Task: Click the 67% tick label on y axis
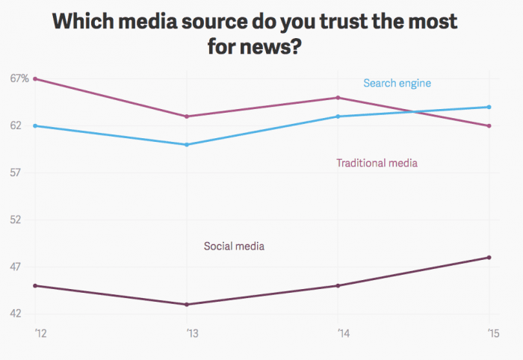pos(19,78)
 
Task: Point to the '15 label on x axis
pos(490,332)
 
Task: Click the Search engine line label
pos(397,83)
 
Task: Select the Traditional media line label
pos(377,163)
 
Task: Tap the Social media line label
pos(235,246)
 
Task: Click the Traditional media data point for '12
pos(35,78)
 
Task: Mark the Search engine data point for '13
pos(187,144)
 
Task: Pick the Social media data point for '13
pos(187,304)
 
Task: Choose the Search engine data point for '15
pos(489,107)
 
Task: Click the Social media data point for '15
pos(489,258)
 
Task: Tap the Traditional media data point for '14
pos(338,98)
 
